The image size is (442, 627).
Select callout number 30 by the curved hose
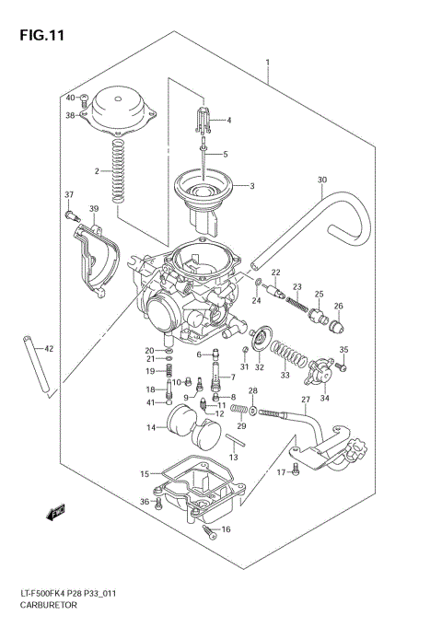pos(321,180)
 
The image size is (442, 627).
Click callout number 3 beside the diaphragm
pos(252,187)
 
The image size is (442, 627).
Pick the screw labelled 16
pos(209,530)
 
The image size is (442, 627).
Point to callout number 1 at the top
pos(268,64)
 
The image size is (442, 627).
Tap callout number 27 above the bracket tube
pos(306,400)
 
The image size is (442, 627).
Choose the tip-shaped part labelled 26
pos(338,324)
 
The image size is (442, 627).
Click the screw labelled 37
pos(71,216)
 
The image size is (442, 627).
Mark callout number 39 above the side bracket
pos(93,211)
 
